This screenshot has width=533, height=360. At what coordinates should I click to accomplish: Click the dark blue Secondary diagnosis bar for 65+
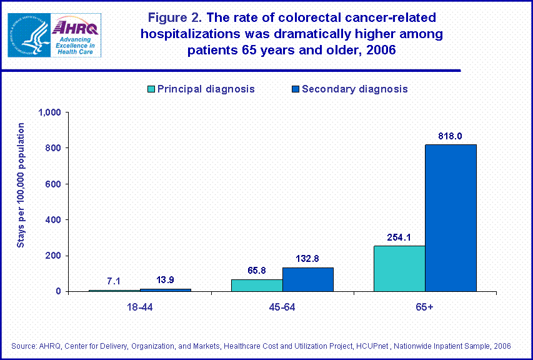tap(451, 217)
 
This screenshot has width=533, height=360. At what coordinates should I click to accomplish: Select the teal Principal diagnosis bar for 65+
tap(399, 268)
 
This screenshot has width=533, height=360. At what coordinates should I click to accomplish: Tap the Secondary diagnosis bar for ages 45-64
tap(308, 279)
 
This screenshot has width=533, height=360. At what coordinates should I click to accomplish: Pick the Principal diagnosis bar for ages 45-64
tap(257, 285)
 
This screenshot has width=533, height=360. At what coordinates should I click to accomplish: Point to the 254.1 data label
tap(399, 237)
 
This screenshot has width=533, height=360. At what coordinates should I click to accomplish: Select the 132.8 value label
tap(308, 259)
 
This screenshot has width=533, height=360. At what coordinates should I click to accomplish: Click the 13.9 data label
tap(165, 280)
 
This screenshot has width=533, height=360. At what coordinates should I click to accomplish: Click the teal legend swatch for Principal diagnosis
tap(150, 89)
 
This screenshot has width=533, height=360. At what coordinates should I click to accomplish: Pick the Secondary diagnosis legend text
tap(354, 89)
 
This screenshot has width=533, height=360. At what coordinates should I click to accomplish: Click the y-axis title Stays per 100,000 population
tap(21, 185)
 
